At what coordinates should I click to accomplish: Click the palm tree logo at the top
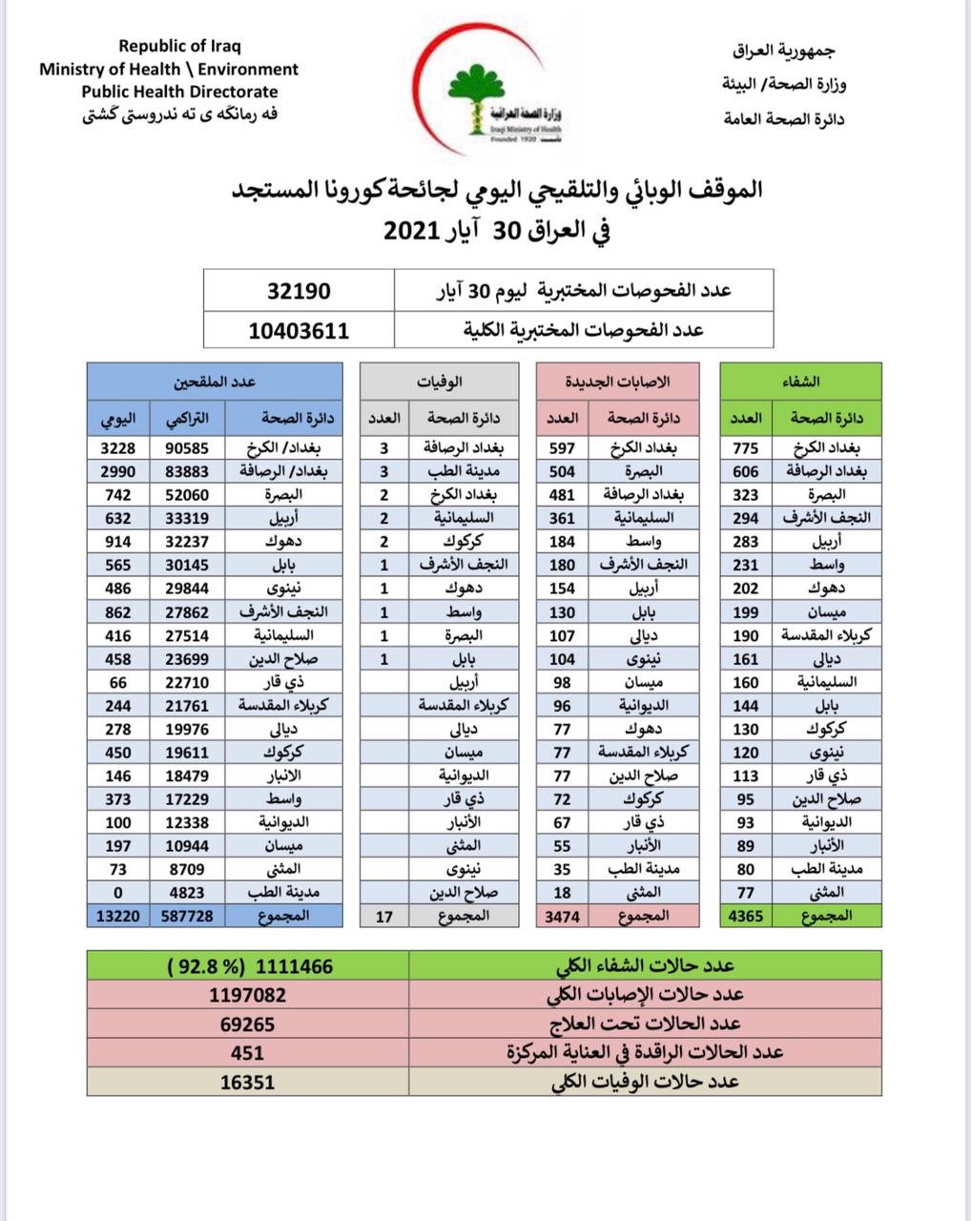pos(494,95)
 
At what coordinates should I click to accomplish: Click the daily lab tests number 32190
pos(299,290)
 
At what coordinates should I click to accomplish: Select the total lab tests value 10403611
pos(299,331)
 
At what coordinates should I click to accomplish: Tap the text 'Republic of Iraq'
pos(179,46)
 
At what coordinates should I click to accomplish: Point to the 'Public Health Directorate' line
pos(179,92)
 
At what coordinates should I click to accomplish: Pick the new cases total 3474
pos(563,916)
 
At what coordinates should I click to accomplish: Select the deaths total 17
pos(384,916)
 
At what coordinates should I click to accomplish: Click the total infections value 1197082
pos(248,995)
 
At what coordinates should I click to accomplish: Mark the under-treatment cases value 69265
pos(248,1024)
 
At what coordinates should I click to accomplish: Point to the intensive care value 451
pos(248,1052)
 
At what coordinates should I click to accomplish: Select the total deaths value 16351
pos(248,1082)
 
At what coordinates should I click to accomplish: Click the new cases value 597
pos(563,448)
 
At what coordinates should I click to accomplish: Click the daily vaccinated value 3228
pos(117,448)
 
